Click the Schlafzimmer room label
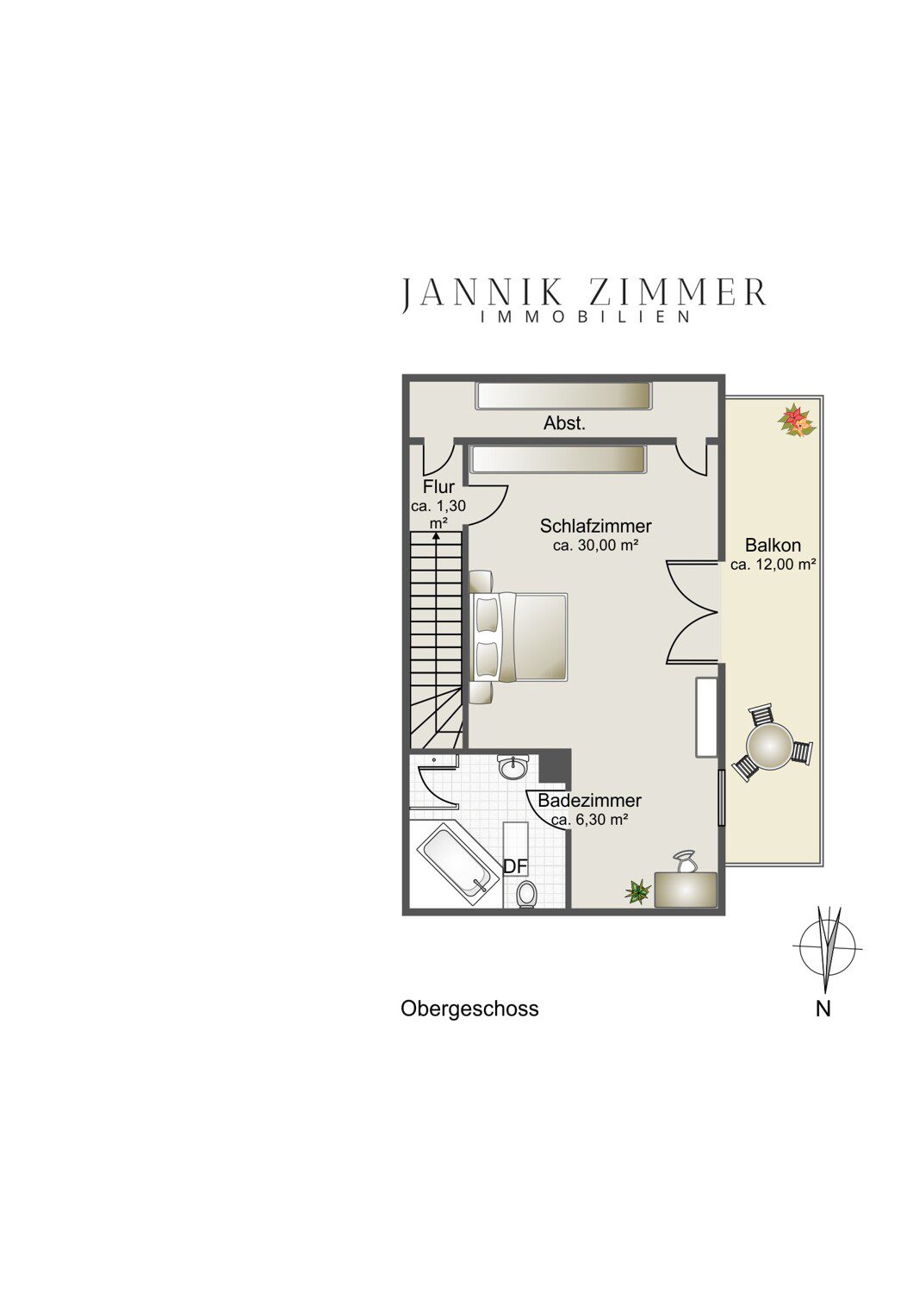[x=595, y=526]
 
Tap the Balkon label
[x=773, y=545]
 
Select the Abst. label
[x=564, y=424]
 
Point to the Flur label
[x=439, y=487]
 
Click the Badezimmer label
[x=589, y=801]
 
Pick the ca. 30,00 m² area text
[x=595, y=546]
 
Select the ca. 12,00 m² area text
[x=773, y=565]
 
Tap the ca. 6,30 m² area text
[x=589, y=821]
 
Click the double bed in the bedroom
[x=519, y=637]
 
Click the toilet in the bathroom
[x=526, y=894]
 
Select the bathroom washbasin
[x=512, y=768]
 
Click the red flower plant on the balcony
[x=797, y=422]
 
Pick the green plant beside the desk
[x=637, y=892]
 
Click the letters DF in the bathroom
[x=516, y=866]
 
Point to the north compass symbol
[x=828, y=947]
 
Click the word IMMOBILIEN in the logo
[x=586, y=317]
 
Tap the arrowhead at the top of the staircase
[x=436, y=535]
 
